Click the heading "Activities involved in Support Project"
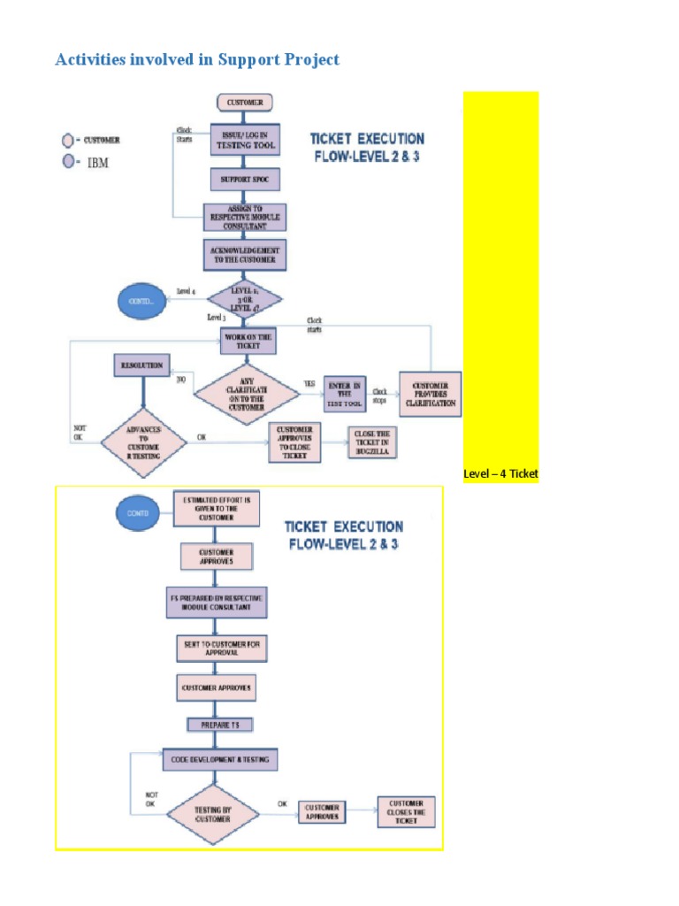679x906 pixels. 197,60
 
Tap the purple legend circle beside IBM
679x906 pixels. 67,163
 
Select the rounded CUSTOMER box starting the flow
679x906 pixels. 245,103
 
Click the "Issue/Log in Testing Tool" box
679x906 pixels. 245,140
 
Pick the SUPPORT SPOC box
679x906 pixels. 245,180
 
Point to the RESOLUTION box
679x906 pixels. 141,365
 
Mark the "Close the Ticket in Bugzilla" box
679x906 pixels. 371,441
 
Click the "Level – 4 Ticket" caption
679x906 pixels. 500,474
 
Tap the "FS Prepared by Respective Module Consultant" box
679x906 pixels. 217,603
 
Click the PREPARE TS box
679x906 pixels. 219,725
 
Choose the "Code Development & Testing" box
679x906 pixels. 219,759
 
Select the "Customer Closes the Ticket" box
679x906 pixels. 407,812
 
